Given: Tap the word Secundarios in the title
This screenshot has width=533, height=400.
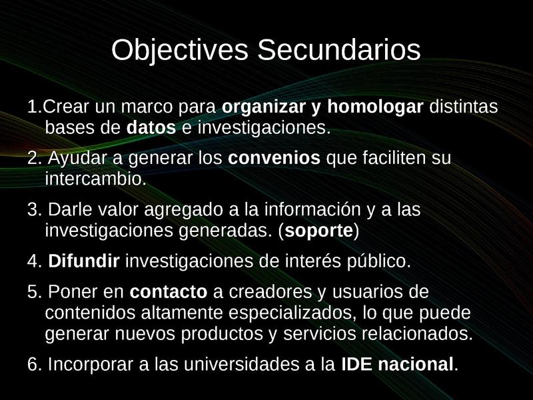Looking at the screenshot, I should pyautogui.click(x=338, y=51).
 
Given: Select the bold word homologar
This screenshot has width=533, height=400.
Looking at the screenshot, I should pyautogui.click(x=375, y=107).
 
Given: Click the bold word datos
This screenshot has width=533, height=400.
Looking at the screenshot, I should pyautogui.click(x=151, y=127).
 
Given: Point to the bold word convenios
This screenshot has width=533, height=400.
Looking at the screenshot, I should pyautogui.click(x=274, y=159).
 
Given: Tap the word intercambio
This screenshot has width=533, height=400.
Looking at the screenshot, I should pyautogui.click(x=95, y=179).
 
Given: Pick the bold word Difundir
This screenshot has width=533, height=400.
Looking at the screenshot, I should pyautogui.click(x=84, y=261).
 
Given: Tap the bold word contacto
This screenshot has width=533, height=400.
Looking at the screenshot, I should pyautogui.click(x=169, y=293).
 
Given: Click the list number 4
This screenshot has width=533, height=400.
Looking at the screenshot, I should pyautogui.click(x=33, y=261).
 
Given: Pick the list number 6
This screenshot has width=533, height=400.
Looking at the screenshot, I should pyautogui.click(x=33, y=365).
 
